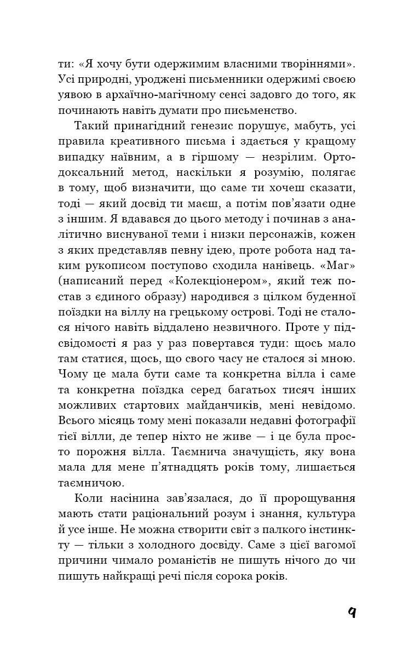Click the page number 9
click(352, 611)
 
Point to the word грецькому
click(204, 313)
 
